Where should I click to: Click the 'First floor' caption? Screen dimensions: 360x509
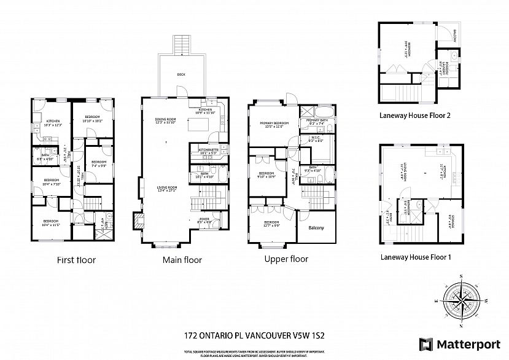[76, 260]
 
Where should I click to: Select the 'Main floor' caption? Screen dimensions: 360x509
[182, 260]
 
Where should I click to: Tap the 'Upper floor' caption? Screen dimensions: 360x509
[286, 259]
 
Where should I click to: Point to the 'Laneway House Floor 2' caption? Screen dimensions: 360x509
[414, 114]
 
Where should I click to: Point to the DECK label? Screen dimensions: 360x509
[181, 74]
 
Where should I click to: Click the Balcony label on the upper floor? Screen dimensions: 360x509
[315, 228]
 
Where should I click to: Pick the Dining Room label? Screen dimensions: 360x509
[165, 120]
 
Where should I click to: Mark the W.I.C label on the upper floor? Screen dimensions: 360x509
[315, 139]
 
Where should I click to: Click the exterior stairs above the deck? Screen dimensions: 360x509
[181, 44]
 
